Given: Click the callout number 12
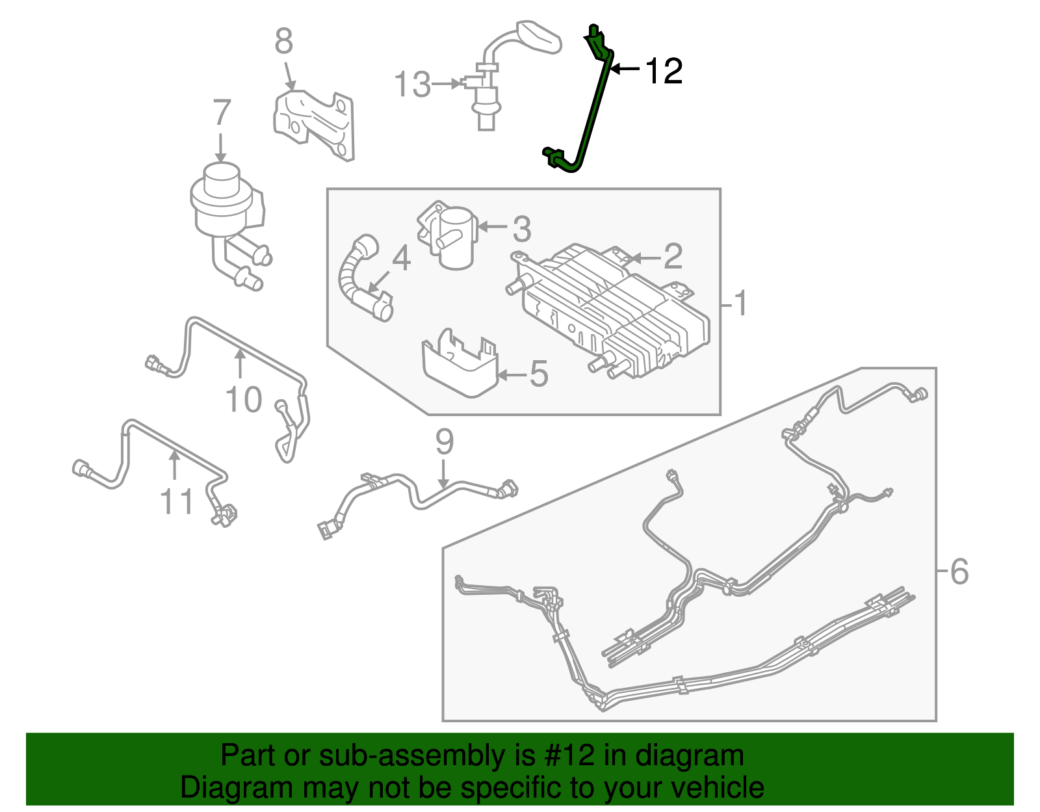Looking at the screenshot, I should pos(664,71).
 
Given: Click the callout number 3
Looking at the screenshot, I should pos(522,229).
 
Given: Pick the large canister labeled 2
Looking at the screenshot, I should pos(611,306).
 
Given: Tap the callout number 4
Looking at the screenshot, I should pos(402,258).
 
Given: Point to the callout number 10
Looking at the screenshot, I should pos(244,399).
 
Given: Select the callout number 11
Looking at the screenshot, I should pos(177,502).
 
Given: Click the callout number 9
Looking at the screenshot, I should pos(444,442).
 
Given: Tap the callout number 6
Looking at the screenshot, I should pos(959,572).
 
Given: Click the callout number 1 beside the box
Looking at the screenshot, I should pos(740,304).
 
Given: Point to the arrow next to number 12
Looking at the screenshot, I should pos(625,69).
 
